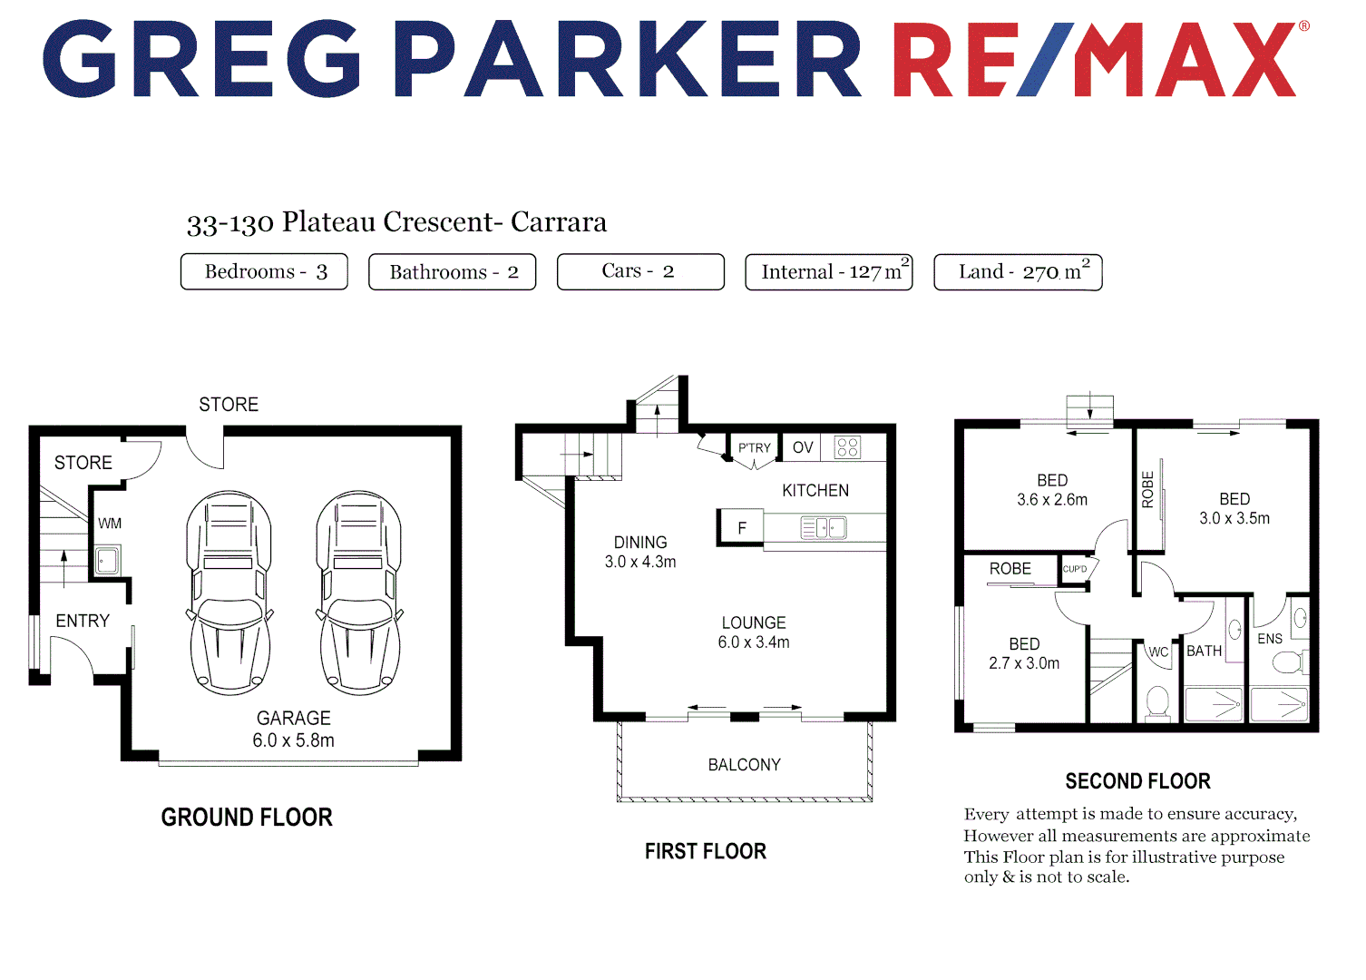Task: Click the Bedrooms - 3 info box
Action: (264, 271)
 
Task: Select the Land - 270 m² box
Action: (1018, 272)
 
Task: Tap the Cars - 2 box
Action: (640, 271)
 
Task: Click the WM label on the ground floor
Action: (110, 524)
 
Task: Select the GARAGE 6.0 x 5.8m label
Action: (293, 730)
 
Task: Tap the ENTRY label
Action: (83, 621)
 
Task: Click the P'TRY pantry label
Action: (754, 448)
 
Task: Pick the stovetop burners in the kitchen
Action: (847, 447)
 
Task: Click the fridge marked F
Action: (741, 528)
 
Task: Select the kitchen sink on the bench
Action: (824, 527)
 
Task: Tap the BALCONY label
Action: (744, 765)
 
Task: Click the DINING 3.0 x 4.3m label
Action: (640, 552)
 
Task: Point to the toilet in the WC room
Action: (1157, 701)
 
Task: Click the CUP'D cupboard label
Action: (1075, 569)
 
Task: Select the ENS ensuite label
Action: (1270, 639)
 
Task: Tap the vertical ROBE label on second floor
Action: (1147, 489)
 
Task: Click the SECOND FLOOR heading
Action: (1137, 781)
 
